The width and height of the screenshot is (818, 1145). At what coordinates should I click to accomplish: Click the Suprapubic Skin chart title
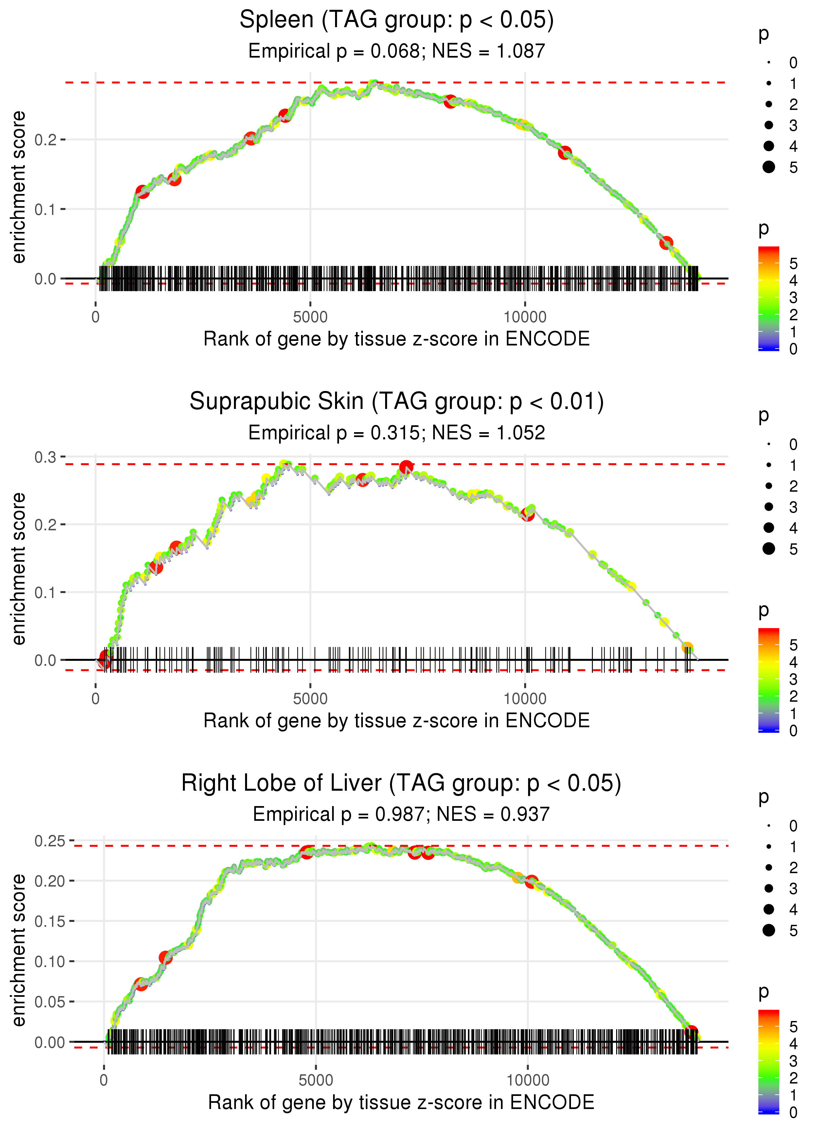[x=397, y=402]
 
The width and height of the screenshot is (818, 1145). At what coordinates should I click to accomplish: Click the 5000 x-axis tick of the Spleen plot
[x=310, y=317]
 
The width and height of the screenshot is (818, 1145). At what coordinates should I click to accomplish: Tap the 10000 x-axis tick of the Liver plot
[x=527, y=1080]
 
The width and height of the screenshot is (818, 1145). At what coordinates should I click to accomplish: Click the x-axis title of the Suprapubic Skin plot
[x=397, y=721]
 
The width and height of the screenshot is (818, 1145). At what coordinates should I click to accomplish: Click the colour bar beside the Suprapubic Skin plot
[x=769, y=680]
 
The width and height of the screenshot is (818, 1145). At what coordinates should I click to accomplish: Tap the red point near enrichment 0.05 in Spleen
[x=667, y=243]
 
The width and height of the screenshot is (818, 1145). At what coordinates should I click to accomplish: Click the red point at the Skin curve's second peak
[x=406, y=467]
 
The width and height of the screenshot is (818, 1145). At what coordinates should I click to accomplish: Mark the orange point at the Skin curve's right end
[x=687, y=647]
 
